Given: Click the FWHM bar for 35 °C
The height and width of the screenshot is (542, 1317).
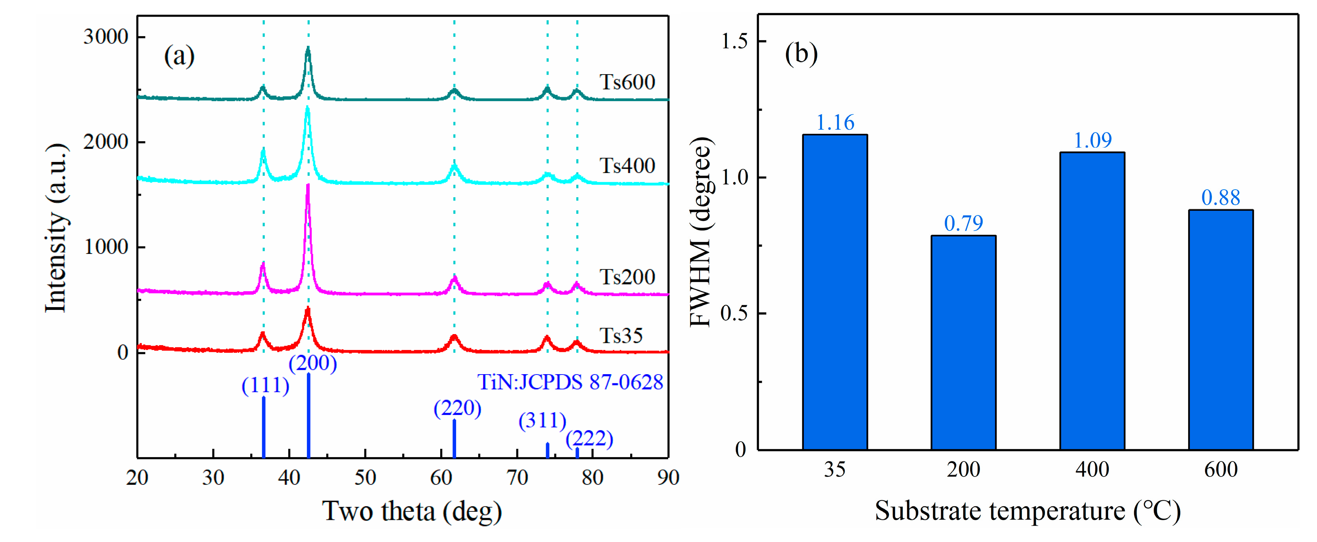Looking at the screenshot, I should (834, 292).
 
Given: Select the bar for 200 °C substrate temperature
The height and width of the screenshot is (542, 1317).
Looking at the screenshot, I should (963, 342).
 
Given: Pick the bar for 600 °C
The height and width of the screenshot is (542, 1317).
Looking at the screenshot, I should (1220, 330).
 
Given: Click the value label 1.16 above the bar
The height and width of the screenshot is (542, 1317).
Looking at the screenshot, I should (835, 123).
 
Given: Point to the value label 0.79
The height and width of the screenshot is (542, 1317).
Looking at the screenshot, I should (963, 223).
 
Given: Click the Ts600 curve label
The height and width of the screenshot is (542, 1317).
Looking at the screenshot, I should (627, 82).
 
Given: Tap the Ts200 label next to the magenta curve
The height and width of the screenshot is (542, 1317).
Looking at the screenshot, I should (627, 277).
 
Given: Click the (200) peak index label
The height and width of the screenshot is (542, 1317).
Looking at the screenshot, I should (312, 363).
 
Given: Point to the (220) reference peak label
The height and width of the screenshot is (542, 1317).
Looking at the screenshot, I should (457, 408).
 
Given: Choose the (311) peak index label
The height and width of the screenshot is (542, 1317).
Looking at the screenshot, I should (542, 421).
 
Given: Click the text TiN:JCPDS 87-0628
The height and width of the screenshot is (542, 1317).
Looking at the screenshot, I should (569, 382).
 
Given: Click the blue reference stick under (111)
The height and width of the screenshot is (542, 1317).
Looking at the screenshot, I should (263, 427).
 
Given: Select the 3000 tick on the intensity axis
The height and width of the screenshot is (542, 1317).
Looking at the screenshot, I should (105, 37).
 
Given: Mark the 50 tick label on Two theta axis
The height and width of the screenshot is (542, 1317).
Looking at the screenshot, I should (365, 478).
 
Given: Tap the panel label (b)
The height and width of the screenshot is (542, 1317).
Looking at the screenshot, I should (801, 54).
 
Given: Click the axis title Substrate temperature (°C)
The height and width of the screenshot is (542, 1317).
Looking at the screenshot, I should (1027, 511).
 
